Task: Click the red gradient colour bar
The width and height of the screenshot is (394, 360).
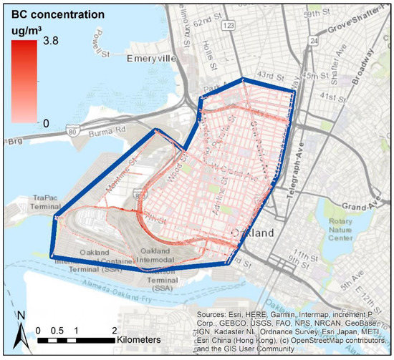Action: coord(29,85)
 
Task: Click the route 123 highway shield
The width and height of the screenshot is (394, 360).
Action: coord(229,26)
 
